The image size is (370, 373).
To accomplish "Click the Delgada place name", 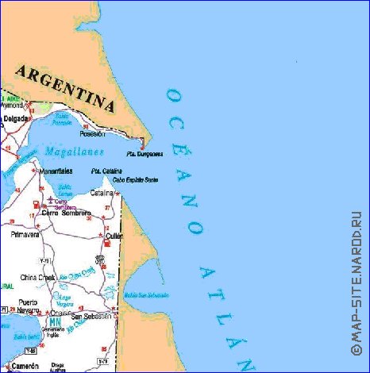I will coord(15,119).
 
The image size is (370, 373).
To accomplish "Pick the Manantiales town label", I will coord(56,171).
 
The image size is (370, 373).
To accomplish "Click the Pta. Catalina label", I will coord(106,171).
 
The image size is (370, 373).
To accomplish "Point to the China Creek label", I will coord(37,277).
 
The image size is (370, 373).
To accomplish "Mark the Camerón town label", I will coord(24,365).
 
